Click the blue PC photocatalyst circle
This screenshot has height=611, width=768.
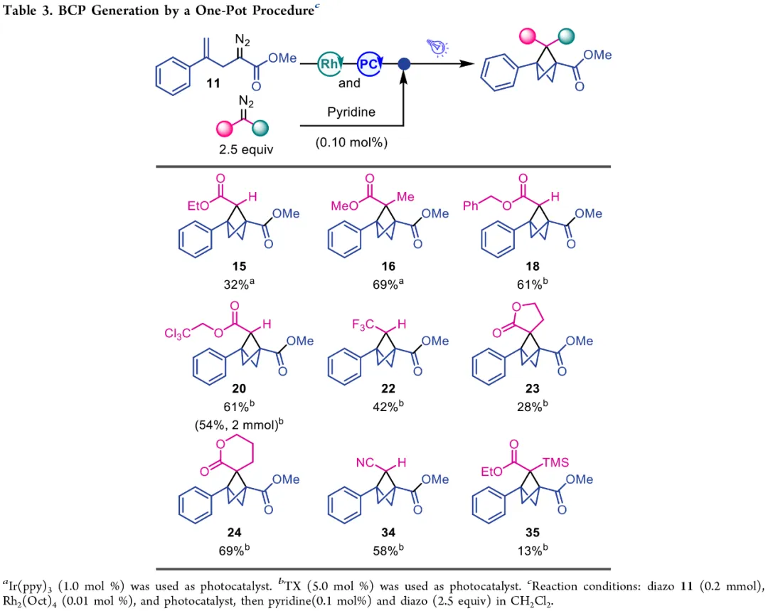click(368, 63)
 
